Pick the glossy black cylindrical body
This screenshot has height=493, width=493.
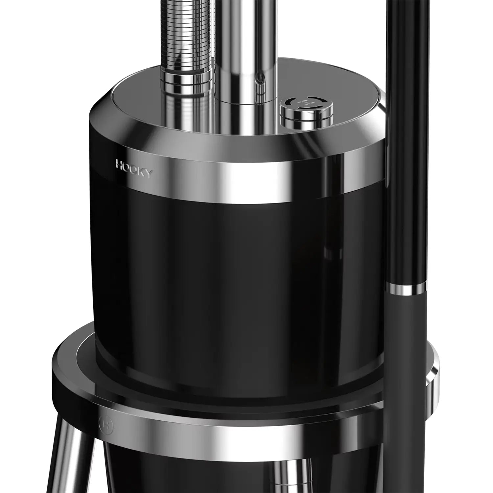[230, 279]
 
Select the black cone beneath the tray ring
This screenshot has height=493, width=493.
[197, 473]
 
